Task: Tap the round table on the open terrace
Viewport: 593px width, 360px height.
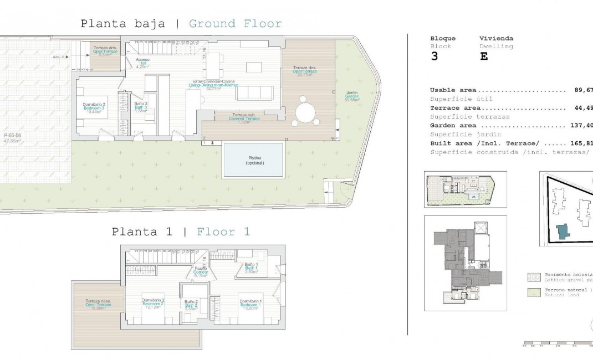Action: click(305, 112)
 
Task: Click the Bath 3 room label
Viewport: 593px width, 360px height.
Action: click(141, 107)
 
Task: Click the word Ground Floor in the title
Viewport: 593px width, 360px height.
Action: click(235, 24)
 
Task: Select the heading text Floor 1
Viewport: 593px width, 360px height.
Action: click(223, 232)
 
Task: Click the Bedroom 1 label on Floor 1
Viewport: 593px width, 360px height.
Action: click(251, 304)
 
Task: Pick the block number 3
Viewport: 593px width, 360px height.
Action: click(434, 56)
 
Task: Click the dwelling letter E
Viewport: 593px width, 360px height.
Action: click(483, 56)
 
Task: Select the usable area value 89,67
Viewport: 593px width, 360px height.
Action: click(581, 90)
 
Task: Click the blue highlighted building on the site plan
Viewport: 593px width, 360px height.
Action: click(563, 232)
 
